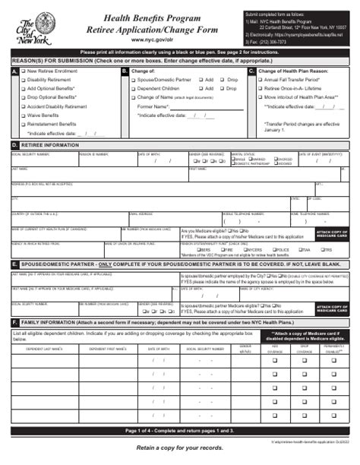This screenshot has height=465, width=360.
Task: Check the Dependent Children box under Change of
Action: click(x=133, y=88)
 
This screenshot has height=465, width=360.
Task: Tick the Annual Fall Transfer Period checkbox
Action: click(x=261, y=80)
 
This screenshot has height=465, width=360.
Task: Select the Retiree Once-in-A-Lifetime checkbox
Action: click(x=261, y=89)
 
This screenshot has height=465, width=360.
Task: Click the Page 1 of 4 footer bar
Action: click(x=180, y=431)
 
